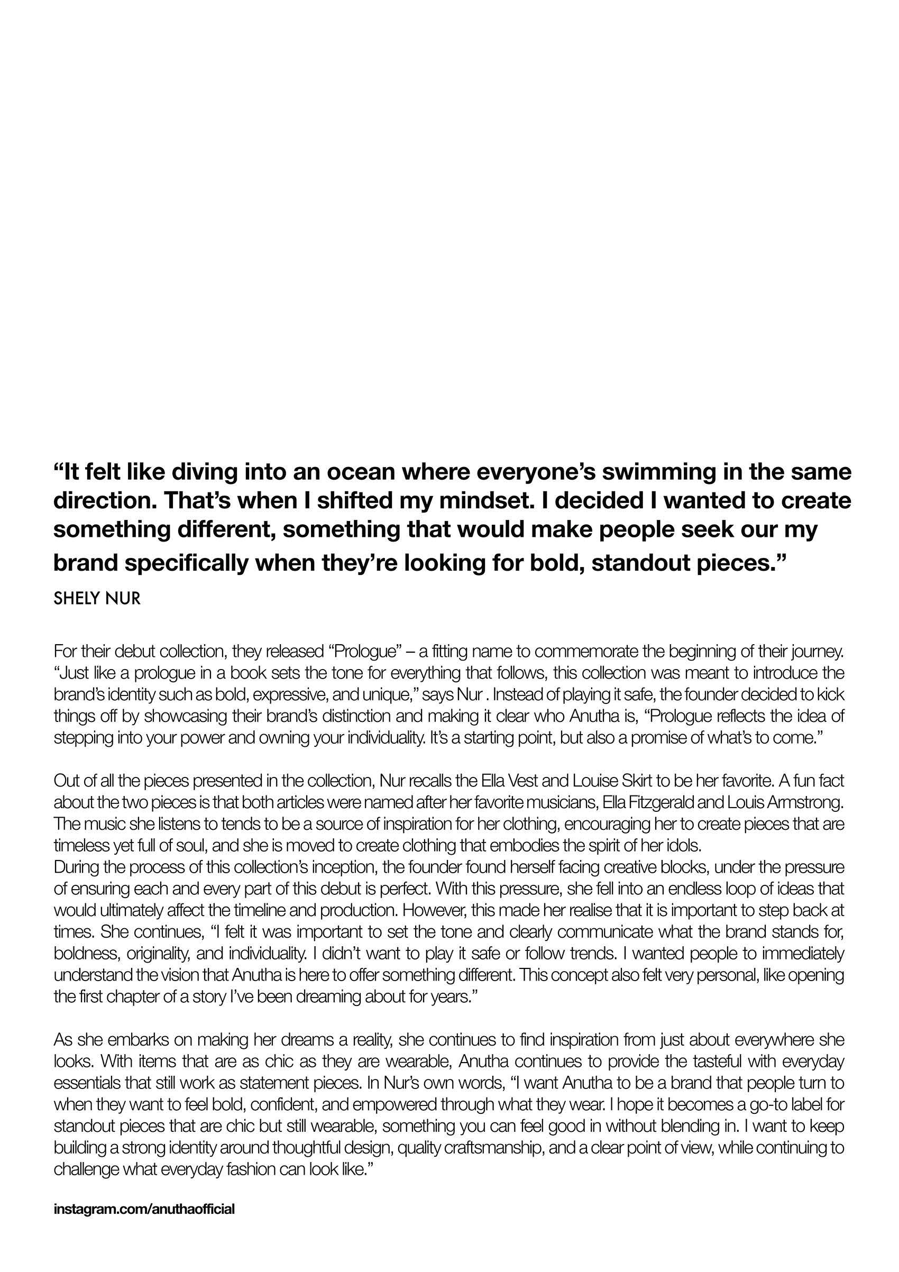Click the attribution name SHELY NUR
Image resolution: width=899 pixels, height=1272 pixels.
pos(97,599)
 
